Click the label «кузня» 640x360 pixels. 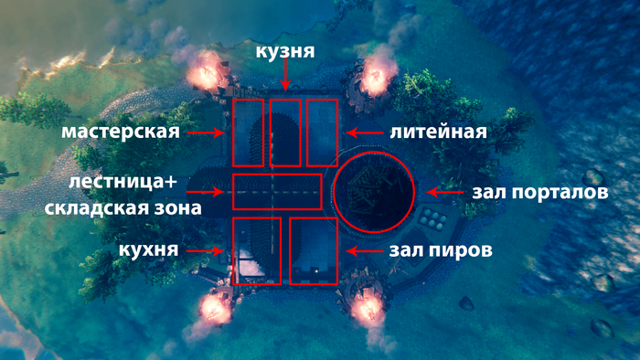click(x=285, y=52)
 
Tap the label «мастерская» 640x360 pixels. click(x=121, y=132)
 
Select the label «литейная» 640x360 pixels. click(x=438, y=132)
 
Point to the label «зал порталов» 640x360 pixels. click(x=540, y=192)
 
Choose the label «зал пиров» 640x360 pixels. click(x=441, y=250)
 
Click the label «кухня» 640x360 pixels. click(x=148, y=250)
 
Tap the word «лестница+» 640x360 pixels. click(x=123, y=182)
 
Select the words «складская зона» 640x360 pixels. click(x=123, y=208)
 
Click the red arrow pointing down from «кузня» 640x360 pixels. click(x=285, y=75)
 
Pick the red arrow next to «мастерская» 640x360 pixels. click(x=206, y=132)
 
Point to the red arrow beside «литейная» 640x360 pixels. click(x=365, y=132)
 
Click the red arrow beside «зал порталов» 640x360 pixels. click(x=445, y=192)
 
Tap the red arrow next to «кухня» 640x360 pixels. click(x=206, y=250)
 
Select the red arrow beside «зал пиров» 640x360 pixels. click(x=365, y=250)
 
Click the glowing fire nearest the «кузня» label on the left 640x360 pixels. click(x=206, y=73)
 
